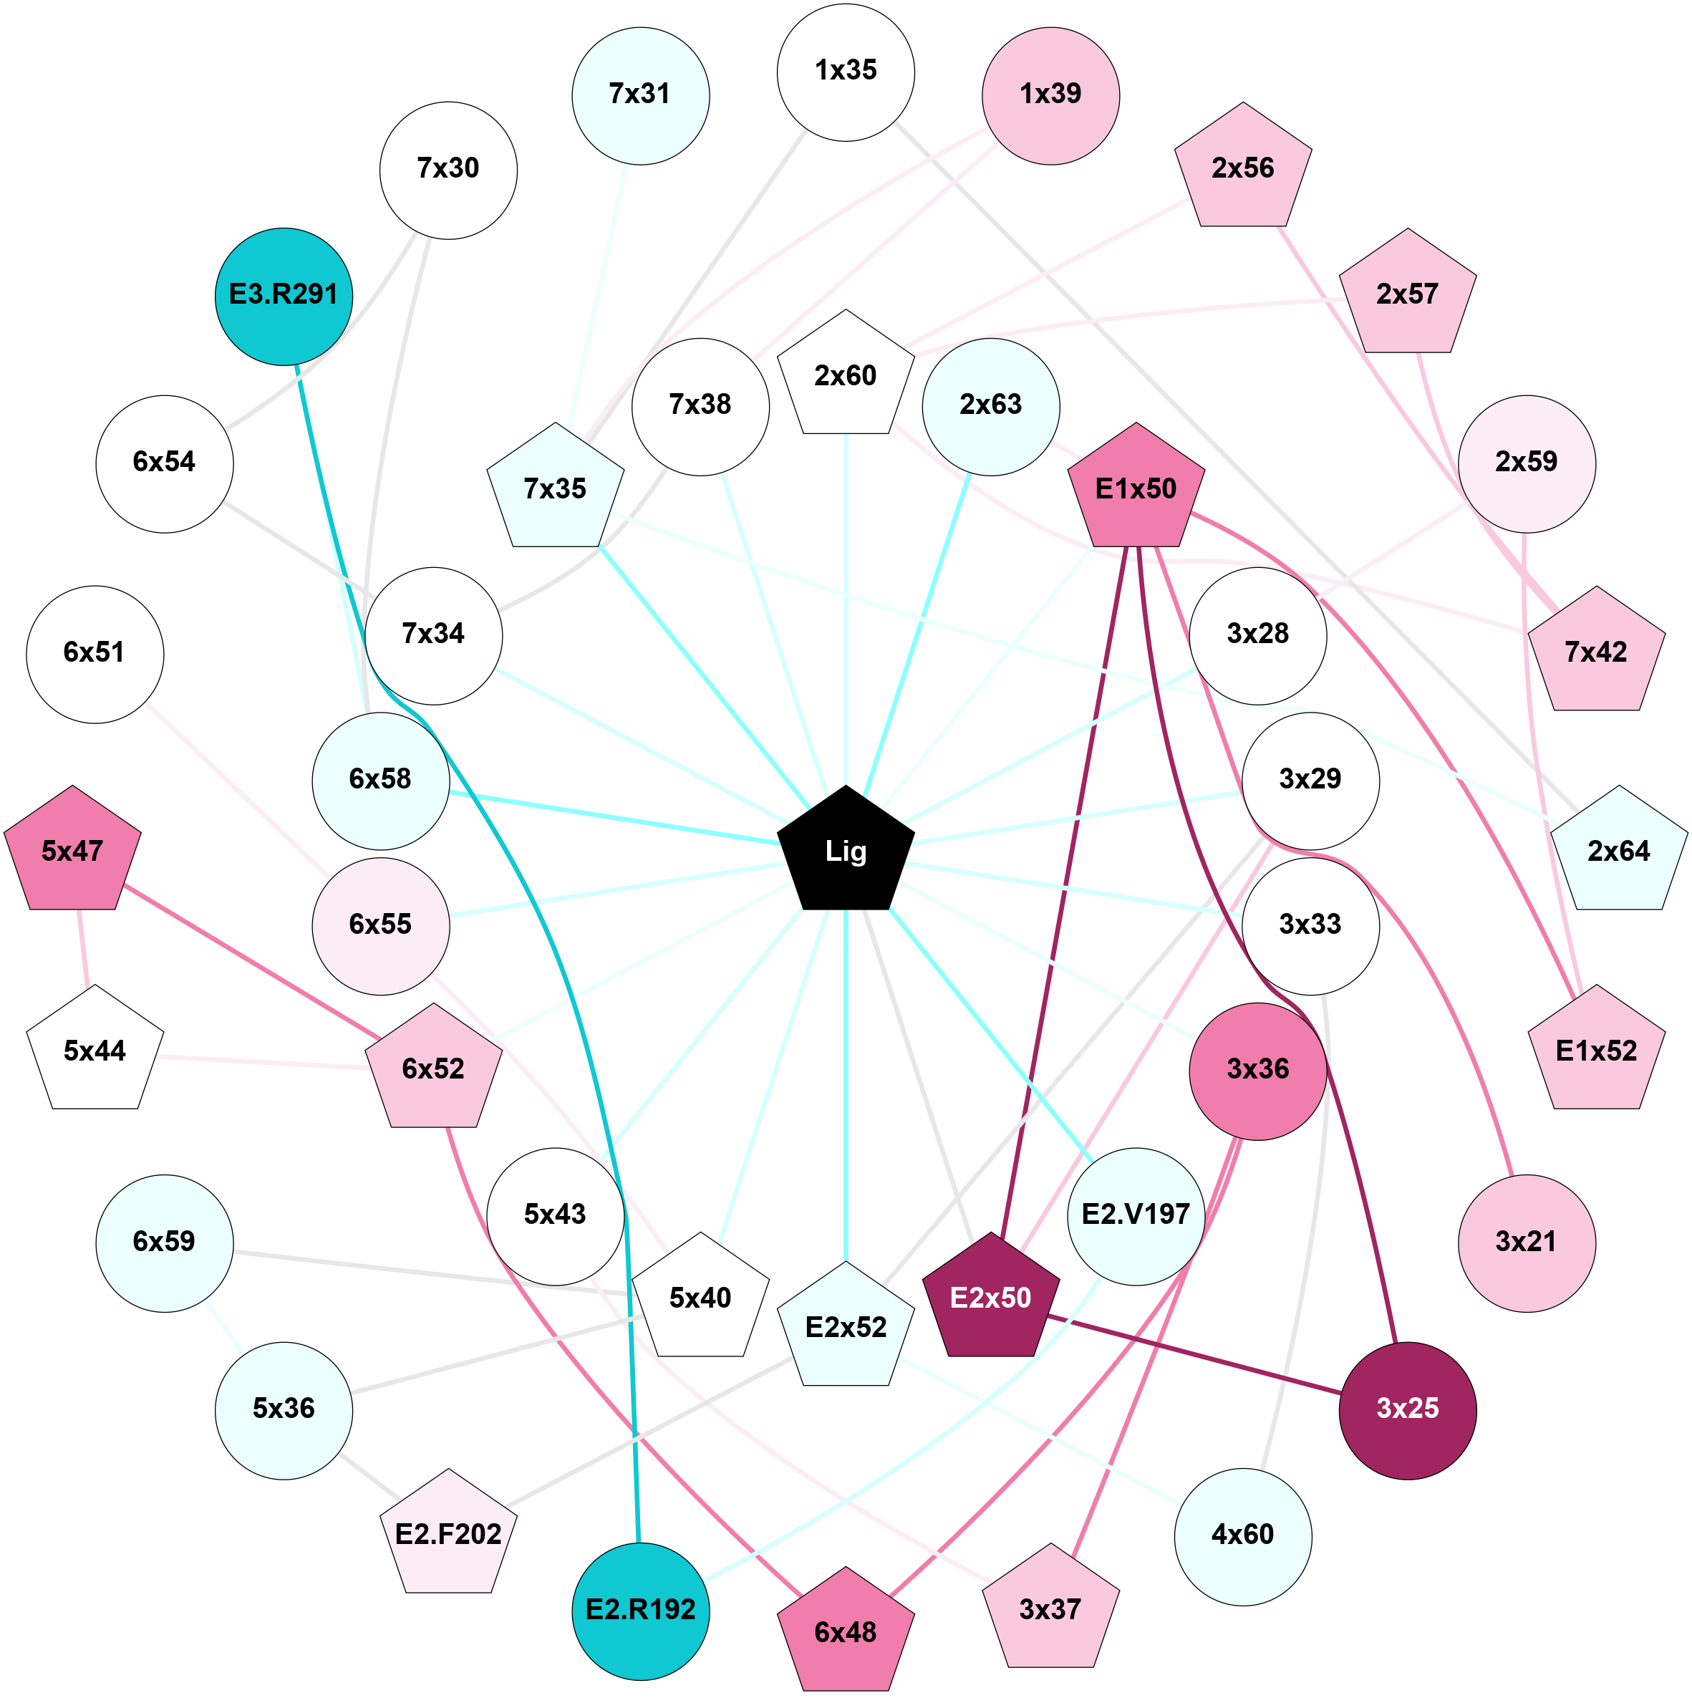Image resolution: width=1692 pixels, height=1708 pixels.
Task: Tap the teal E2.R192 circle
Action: (641, 1608)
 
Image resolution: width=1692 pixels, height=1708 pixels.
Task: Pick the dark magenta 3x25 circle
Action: (1407, 1407)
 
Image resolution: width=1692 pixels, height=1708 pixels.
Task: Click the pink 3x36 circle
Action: (1257, 1070)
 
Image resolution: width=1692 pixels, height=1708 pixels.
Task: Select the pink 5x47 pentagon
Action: (72, 851)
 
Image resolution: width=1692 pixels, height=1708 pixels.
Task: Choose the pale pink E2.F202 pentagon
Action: (448, 1535)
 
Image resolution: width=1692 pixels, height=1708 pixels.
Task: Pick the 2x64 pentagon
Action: (1619, 851)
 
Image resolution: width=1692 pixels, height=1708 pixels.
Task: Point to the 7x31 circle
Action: (640, 95)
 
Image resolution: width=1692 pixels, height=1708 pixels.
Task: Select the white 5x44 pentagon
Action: (95, 1051)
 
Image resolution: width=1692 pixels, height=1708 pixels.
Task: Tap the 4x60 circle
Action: (1242, 1535)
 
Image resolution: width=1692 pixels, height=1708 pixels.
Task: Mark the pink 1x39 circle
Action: (1050, 95)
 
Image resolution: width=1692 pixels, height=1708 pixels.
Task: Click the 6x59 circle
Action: (165, 1242)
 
